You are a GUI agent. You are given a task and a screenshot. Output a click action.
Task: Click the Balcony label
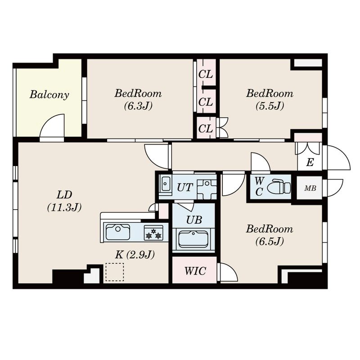click(49, 94)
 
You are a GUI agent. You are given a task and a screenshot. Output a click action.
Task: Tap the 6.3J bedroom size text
click(138, 106)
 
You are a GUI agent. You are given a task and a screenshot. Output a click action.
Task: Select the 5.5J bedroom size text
click(270, 106)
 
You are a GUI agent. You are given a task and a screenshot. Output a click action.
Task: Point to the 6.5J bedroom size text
click(270, 241)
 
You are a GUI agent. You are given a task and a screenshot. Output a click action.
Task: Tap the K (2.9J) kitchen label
click(135, 255)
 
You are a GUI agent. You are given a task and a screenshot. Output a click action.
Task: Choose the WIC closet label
click(195, 271)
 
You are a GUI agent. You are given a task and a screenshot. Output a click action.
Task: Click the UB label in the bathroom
click(194, 220)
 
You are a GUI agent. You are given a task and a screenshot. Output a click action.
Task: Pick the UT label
click(184, 188)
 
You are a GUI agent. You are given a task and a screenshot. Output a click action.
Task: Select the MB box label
click(310, 189)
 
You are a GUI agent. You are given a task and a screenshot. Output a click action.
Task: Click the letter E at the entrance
click(310, 162)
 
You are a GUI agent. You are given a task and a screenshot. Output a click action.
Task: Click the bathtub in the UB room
click(193, 239)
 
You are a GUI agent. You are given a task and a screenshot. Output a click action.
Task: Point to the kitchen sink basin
click(117, 232)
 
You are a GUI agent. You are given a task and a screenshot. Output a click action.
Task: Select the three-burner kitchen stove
click(153, 233)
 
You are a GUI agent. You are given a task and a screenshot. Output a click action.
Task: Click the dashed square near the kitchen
click(115, 272)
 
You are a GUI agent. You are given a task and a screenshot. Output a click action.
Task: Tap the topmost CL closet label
click(206, 74)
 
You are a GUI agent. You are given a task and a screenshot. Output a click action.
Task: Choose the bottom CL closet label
click(206, 129)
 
